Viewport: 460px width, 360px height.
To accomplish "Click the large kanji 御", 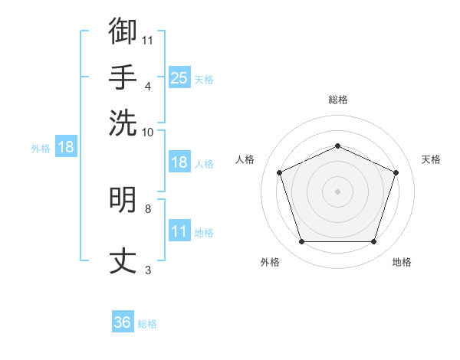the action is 123,31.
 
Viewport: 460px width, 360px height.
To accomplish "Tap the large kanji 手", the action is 123,77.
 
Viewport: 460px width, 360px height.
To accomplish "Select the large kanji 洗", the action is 123,123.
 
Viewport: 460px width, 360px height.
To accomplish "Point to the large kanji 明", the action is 123,199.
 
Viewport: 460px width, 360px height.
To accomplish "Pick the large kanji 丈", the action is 123,260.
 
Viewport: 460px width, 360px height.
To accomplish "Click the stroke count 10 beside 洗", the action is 147,133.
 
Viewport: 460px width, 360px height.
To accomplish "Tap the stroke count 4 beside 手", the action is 148,87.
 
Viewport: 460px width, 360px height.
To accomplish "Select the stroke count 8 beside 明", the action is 148,209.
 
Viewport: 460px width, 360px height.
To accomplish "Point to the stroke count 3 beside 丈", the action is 148,270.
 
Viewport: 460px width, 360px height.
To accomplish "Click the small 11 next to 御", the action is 147,41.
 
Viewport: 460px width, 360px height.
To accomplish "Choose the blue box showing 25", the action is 179,77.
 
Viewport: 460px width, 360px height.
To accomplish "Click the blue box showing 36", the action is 123,321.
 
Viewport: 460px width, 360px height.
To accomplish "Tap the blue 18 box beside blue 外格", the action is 66,146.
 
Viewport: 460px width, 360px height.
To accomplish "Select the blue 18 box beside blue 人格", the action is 179,162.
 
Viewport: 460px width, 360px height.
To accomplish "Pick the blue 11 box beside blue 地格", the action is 179,230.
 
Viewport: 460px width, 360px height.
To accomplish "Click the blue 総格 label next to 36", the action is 147,324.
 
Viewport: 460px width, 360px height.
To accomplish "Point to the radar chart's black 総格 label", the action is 338,100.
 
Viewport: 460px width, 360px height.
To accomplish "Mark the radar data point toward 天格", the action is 396,172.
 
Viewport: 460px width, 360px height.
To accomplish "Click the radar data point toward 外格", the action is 302,241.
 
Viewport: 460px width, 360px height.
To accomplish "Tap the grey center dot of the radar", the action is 337,191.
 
